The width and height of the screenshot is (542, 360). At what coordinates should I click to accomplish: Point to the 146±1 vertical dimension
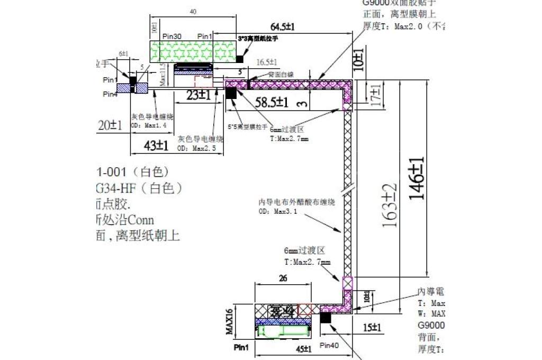tap(418, 178)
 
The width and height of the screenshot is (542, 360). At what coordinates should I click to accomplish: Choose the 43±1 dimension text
tap(157, 145)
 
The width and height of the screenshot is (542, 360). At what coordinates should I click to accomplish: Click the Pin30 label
tap(172, 36)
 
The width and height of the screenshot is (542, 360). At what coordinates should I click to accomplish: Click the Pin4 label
tap(110, 94)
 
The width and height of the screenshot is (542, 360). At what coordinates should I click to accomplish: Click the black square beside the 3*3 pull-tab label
tap(240, 58)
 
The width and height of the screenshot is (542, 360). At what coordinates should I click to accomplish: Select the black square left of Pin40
tap(326, 318)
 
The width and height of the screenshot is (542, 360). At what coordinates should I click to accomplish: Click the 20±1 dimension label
tap(111, 125)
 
